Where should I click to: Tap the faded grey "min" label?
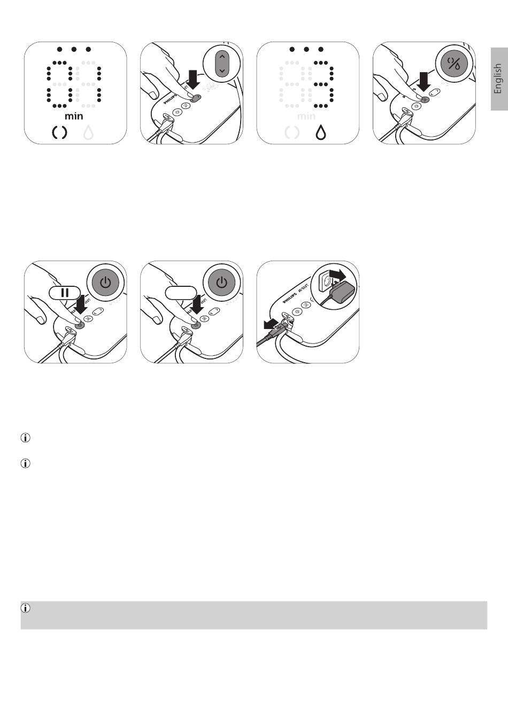(306, 116)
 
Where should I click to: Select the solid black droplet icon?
(320, 132)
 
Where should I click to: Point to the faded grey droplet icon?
(88, 132)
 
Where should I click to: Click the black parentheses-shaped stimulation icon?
(60, 132)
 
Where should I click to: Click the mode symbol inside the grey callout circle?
(453, 64)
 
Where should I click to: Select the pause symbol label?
(65, 293)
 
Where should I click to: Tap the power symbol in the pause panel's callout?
(106, 281)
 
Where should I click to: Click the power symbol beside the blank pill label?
(222, 281)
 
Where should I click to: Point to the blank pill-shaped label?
(181, 293)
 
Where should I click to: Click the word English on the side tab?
(498, 79)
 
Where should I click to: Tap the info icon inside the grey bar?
(26, 608)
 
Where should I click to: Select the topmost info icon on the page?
(25, 438)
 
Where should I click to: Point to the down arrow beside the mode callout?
(425, 81)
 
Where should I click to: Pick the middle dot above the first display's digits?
(74, 49)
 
